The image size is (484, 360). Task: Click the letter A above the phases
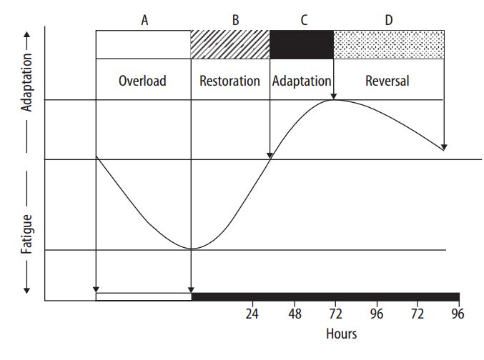pos(144,21)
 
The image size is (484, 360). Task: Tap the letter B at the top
pos(235,21)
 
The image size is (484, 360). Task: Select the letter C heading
pos(304,21)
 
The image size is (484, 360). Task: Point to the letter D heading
pos(389,21)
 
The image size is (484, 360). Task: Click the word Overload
pos(142,81)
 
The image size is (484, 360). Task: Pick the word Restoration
pos(229,81)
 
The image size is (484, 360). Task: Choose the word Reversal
pos(387,81)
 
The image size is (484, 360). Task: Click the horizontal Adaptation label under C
pos(302,81)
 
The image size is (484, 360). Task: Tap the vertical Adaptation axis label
pos(26,82)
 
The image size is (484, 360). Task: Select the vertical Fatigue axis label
pos(26,234)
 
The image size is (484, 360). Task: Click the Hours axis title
pos(342,334)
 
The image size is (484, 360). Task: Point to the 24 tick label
pos(252,314)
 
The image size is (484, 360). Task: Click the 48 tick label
pos(295,314)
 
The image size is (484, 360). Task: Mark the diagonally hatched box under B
pos(230,44)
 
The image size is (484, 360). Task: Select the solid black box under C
pos(302,44)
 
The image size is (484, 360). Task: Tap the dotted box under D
pos(389,44)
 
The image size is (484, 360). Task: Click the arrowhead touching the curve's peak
pos(333,97)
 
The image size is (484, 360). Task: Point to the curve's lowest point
pos(192,249)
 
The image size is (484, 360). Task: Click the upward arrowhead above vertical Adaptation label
pos(27,34)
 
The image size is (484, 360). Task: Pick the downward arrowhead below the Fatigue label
pos(27,290)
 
